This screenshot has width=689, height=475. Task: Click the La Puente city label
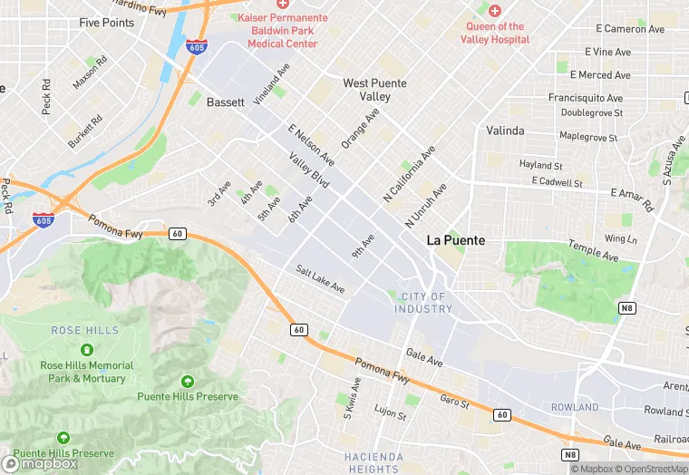coord(455,241)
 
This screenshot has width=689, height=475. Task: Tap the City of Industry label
coord(422,303)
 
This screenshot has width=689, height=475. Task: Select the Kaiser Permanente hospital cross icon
coord(270,5)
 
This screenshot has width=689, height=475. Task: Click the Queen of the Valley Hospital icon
coord(494,11)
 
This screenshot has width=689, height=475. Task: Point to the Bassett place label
coord(226,102)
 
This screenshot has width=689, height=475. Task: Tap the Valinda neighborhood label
coord(505,131)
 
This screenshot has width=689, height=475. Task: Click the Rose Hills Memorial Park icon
coord(86,350)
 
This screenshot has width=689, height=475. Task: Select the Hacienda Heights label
coord(373,462)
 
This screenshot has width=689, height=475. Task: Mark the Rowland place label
coord(575,407)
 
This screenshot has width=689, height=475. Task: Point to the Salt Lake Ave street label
coord(320,278)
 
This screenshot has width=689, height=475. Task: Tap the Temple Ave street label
coord(593,251)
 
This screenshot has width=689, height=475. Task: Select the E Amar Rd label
coord(632,199)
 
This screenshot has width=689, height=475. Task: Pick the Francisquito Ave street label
coord(585,98)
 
